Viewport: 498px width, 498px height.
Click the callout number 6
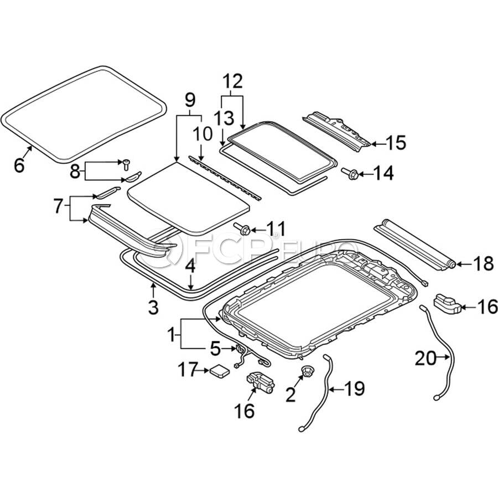[19, 164]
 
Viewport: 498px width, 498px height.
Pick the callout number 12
[233, 81]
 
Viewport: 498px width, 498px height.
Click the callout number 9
[189, 100]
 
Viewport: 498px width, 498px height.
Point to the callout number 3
[153, 305]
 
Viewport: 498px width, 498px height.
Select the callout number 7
[60, 207]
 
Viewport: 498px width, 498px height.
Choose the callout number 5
[215, 349]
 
